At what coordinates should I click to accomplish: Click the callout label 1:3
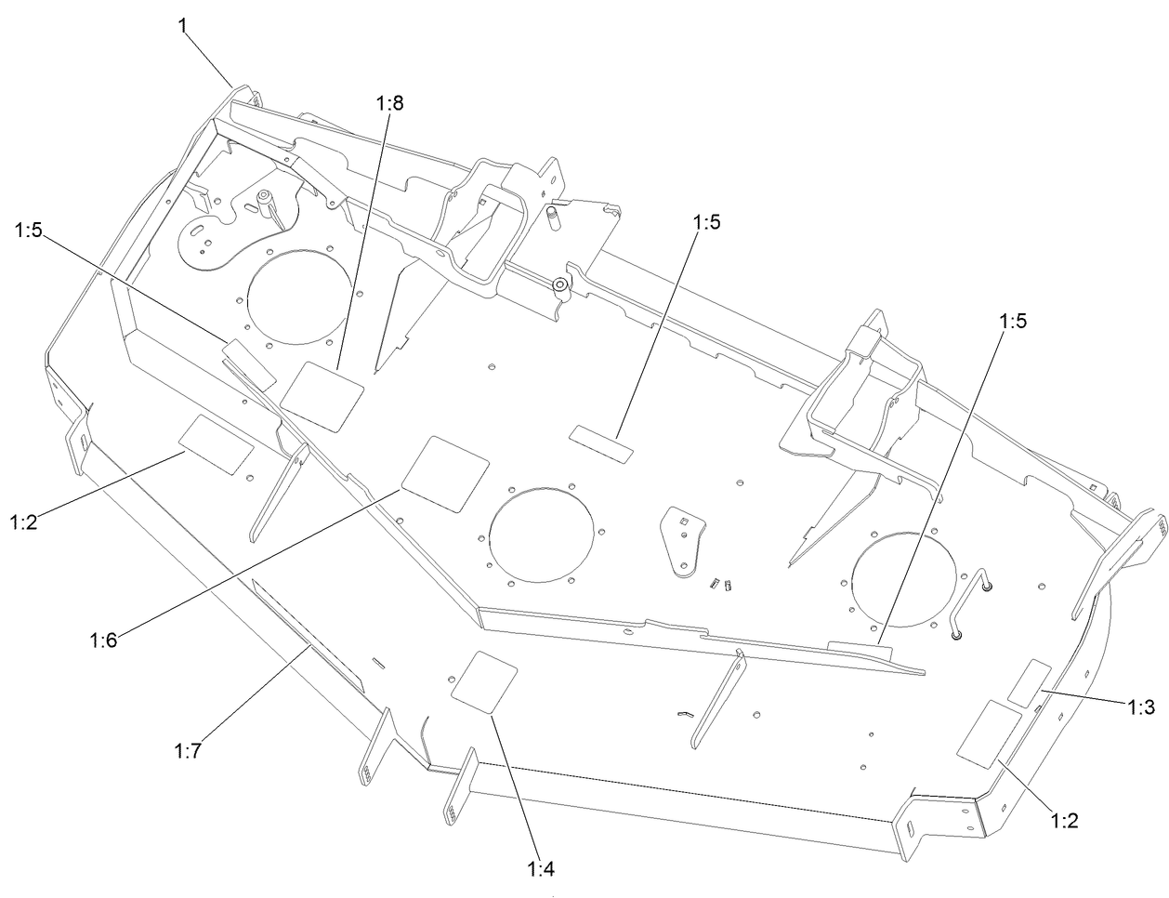click(x=1141, y=707)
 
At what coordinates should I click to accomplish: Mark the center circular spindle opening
click(x=541, y=535)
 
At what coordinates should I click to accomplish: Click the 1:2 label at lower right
click(x=1065, y=821)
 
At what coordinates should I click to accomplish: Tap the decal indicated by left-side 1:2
click(x=217, y=442)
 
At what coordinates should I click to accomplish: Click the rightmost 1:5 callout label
click(x=1014, y=321)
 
